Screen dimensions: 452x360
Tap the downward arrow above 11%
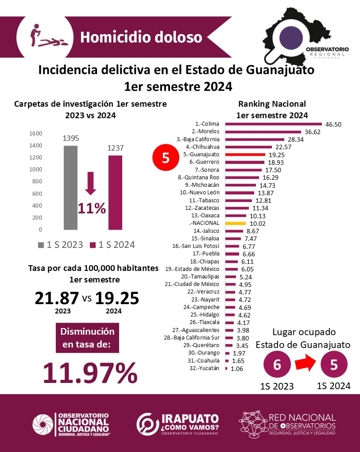[91, 183]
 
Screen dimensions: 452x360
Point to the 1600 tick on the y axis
[35, 133]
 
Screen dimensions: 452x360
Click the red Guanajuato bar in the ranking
[245, 155]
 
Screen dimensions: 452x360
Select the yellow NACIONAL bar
[235, 224]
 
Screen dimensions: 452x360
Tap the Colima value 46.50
[333, 124]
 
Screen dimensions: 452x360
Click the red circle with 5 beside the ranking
[166, 158]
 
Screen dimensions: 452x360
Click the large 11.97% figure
[89, 373]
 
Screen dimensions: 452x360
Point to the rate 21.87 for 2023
[57, 298]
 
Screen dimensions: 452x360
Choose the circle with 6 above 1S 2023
[277, 365]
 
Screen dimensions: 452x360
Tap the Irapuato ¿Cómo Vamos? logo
[178, 424]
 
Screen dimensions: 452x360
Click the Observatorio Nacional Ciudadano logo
[71, 424]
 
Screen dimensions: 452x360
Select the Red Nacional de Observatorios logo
[287, 424]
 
